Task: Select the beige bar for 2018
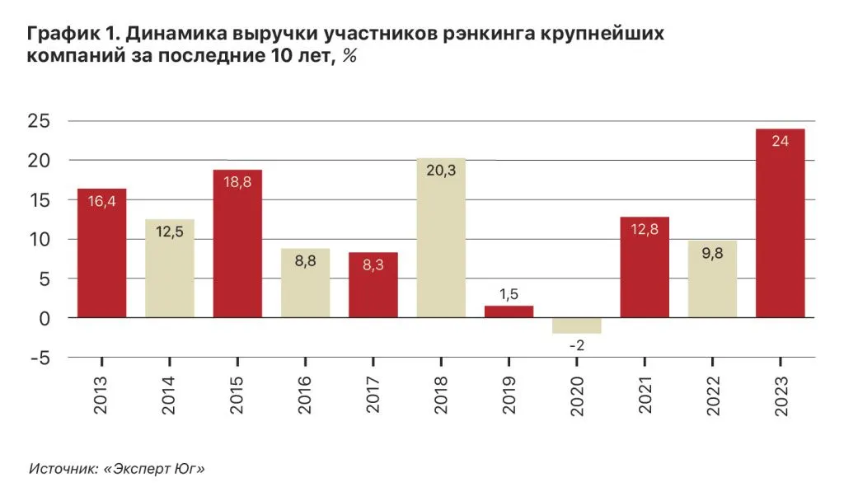point(441,247)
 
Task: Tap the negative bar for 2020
point(576,325)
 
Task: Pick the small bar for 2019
point(509,311)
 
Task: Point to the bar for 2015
point(237,247)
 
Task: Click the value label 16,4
point(101,201)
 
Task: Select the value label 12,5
point(170,233)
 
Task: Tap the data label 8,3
point(373,266)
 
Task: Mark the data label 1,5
point(509,294)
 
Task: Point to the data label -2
point(576,345)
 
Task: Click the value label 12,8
point(644,231)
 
